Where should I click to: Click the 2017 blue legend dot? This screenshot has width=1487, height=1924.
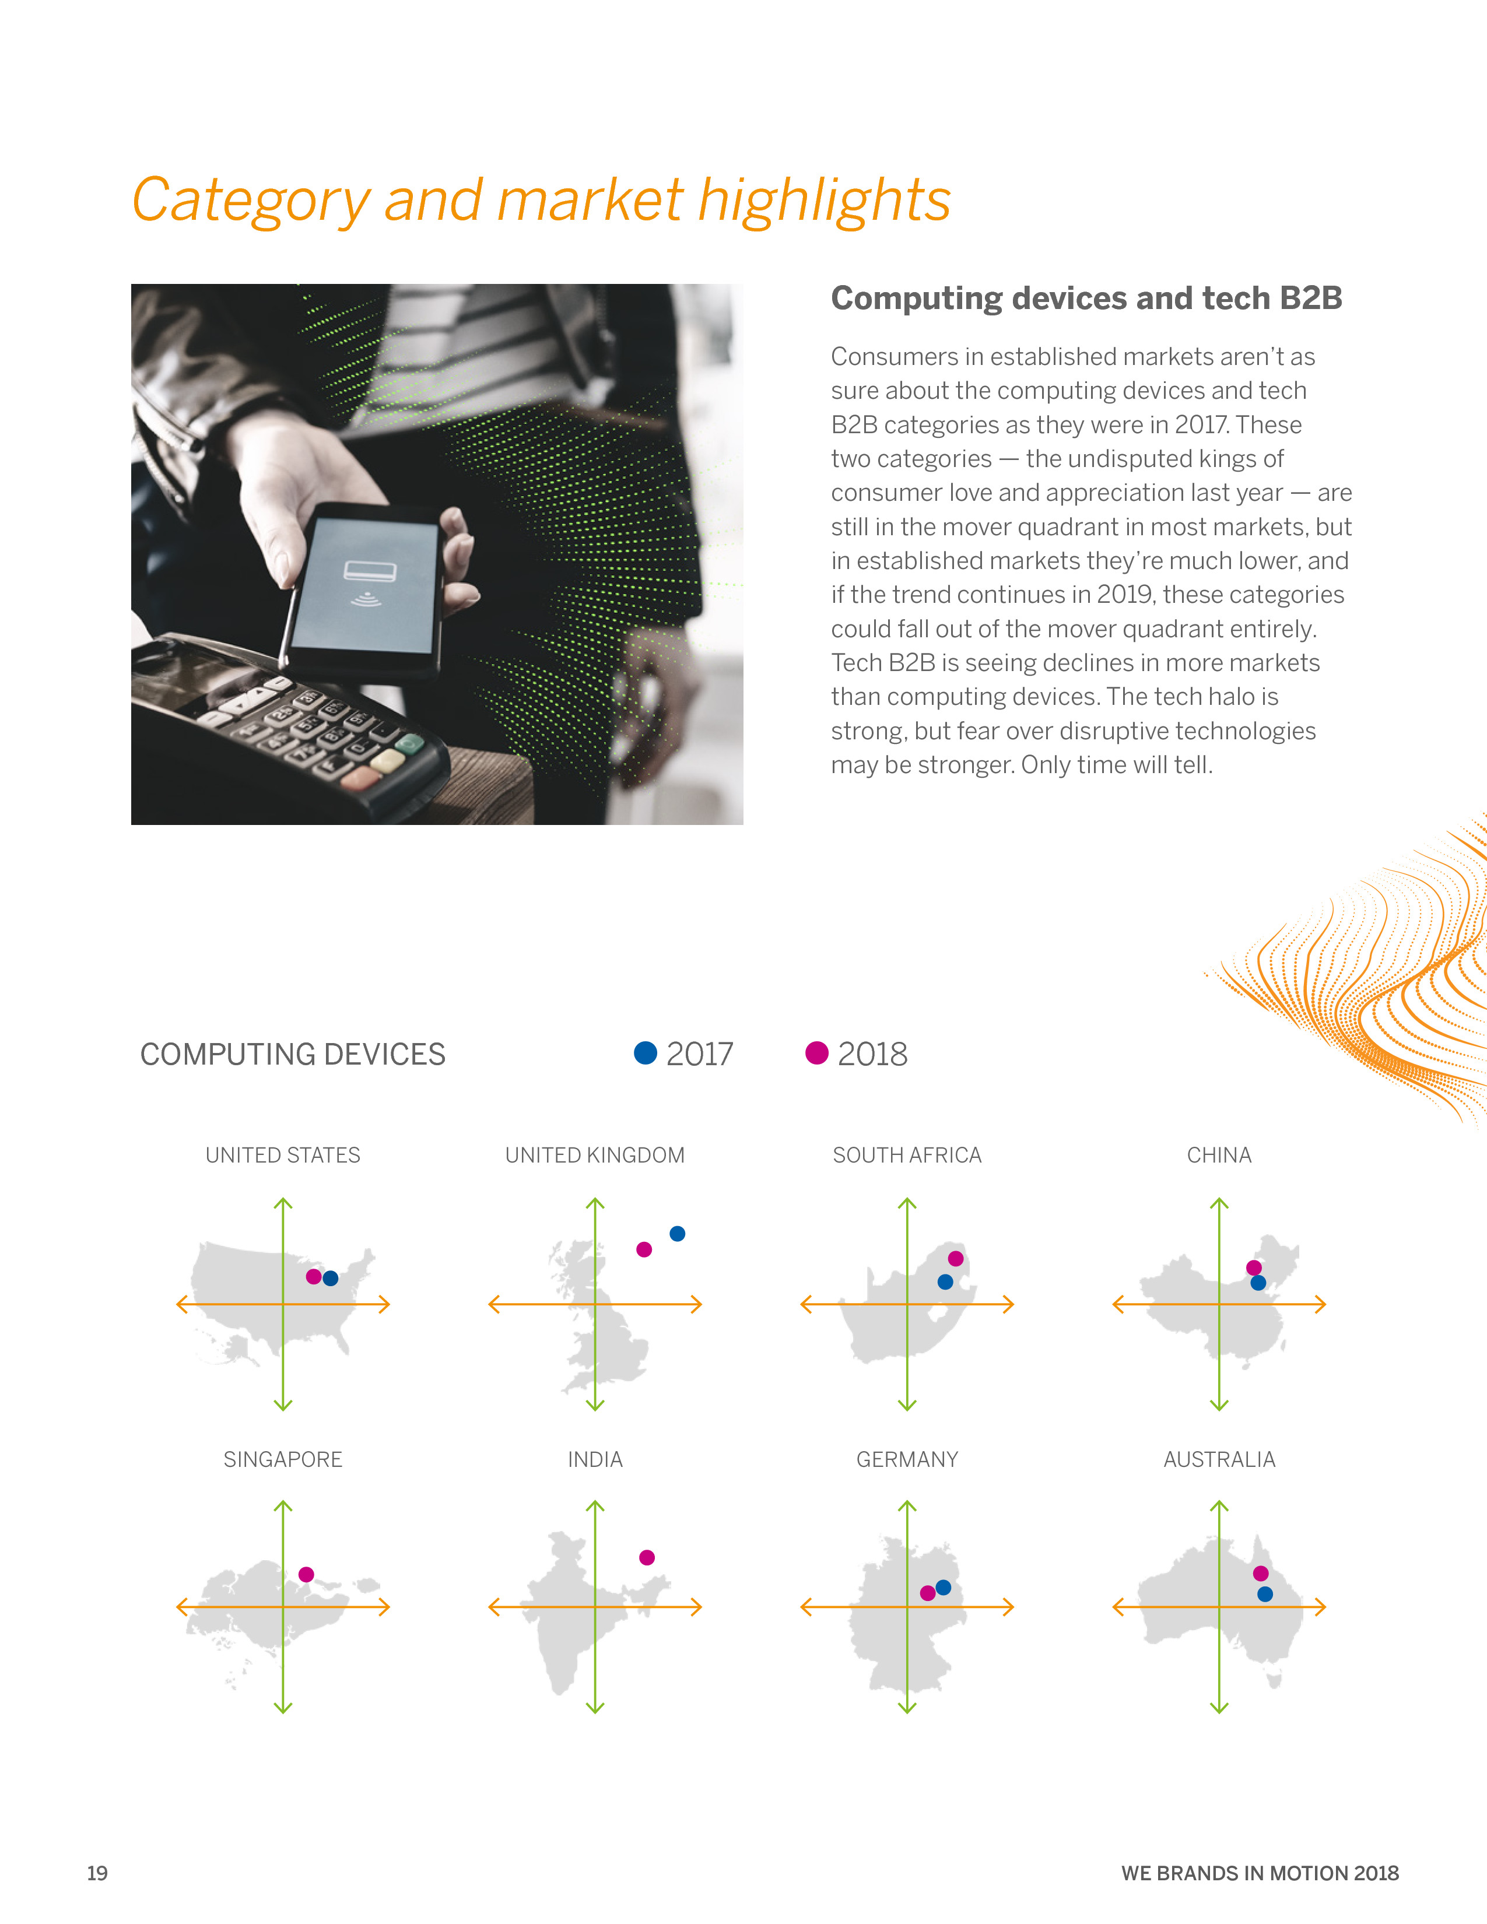tap(646, 1053)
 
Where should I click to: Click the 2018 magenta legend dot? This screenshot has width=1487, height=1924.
tap(816, 1053)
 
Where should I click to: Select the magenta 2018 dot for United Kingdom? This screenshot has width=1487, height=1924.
tap(644, 1249)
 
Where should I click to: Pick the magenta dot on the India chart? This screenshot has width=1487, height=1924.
tap(647, 1557)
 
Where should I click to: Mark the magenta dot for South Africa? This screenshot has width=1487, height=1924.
tap(956, 1258)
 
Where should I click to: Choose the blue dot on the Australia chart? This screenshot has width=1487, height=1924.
tap(1265, 1593)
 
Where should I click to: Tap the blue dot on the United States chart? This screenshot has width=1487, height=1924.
tap(330, 1278)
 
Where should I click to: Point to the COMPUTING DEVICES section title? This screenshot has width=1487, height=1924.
tap(293, 1054)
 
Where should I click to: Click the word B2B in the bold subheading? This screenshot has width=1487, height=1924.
tap(1311, 299)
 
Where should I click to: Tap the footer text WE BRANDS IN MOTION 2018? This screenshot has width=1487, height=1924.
tap(1260, 1873)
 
